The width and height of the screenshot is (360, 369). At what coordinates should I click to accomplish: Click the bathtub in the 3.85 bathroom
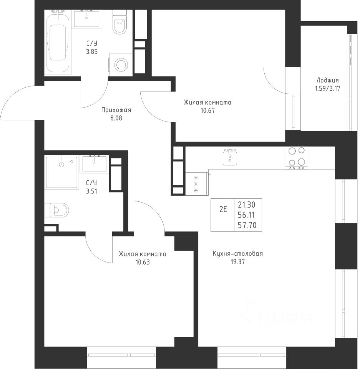(58, 42)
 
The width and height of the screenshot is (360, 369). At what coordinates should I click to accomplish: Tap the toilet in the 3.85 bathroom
(119, 22)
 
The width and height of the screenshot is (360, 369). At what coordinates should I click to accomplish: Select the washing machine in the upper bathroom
(121, 64)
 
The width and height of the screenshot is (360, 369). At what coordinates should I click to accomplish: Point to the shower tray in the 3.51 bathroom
(61, 173)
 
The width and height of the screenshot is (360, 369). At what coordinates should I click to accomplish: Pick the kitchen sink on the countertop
(230, 157)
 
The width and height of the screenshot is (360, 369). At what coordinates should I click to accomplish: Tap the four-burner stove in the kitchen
(296, 158)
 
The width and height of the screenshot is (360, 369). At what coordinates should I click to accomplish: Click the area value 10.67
(208, 111)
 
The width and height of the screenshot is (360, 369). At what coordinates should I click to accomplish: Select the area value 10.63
(143, 262)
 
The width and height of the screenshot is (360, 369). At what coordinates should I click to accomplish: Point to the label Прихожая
(116, 110)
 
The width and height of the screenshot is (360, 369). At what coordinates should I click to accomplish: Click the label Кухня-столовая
(238, 254)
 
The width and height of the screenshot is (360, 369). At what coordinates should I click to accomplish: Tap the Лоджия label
(327, 80)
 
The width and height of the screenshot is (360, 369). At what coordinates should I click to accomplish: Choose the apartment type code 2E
(223, 209)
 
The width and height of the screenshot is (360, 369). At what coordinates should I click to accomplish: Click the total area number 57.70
(247, 225)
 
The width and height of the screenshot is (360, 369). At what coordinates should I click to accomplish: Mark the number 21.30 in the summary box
(247, 205)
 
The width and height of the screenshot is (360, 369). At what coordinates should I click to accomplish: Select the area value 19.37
(238, 262)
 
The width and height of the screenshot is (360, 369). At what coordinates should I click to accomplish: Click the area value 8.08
(116, 118)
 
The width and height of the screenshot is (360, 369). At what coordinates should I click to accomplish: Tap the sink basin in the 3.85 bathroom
(86, 18)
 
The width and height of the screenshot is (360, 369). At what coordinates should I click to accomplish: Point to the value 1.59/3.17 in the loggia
(327, 89)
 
